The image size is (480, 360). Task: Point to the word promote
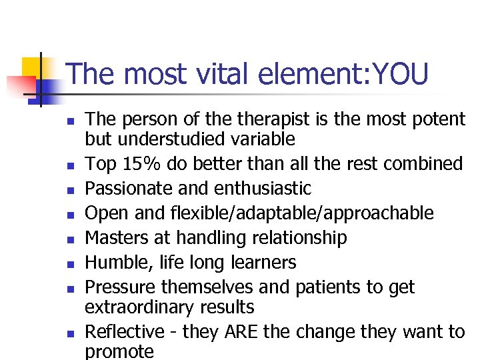[x=119, y=351]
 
